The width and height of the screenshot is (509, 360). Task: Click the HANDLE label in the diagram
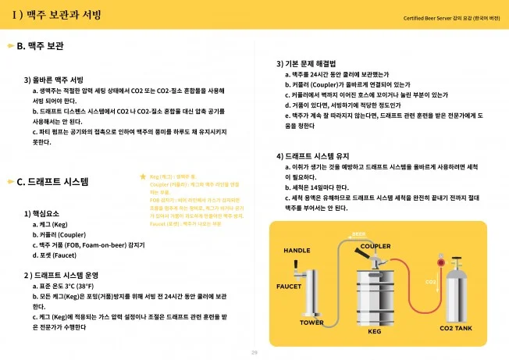point(297,250)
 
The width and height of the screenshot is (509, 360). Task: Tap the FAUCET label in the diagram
point(289,286)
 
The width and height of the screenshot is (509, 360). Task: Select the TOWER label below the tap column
point(311,322)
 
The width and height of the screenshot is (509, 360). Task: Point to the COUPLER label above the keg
point(376,246)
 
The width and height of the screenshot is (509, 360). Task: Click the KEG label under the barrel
point(373,330)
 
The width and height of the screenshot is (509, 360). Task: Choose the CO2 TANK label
point(456,329)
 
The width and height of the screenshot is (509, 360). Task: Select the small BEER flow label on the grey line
point(358,233)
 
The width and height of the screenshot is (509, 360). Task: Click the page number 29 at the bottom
point(254,352)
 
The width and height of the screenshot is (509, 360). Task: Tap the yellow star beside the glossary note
point(142,177)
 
